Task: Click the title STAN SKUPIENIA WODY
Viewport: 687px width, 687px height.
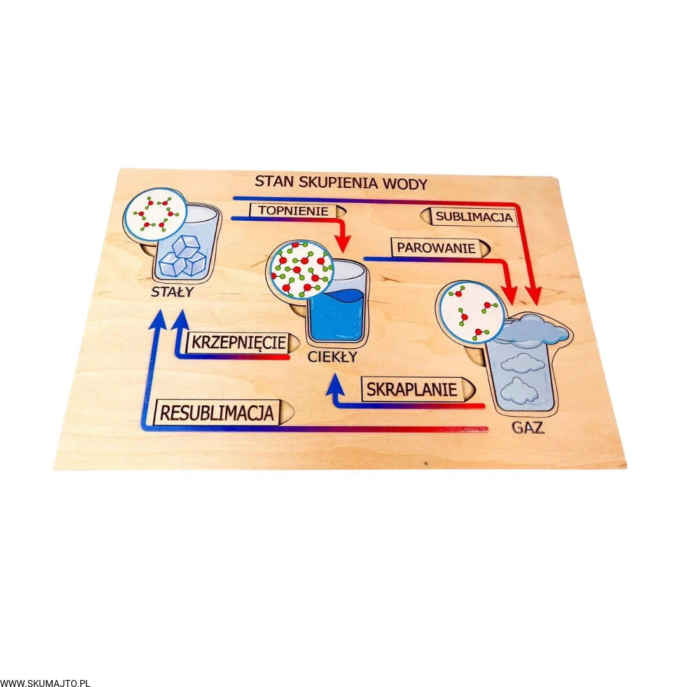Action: pos(341,182)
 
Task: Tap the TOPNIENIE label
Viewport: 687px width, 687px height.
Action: pos(293,211)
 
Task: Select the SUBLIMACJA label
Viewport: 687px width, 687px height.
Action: pos(474,217)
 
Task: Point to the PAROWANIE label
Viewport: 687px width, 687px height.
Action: pos(436,247)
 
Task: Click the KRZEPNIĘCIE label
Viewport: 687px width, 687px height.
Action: pos(236,342)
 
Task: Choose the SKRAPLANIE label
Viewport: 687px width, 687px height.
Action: pos(411,389)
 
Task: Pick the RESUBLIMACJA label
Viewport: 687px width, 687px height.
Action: pos(217,412)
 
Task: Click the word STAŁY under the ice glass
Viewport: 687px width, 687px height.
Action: pos(172,293)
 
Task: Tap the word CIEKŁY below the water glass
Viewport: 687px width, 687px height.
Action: pos(332,357)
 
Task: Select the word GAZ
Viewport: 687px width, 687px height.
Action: pos(529,427)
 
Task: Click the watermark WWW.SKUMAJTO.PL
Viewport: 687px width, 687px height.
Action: pos(45,683)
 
